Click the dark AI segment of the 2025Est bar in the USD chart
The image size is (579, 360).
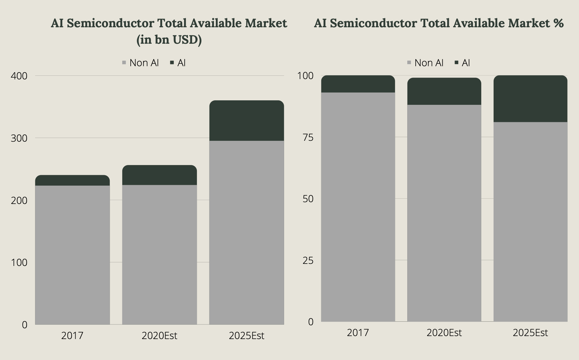246,121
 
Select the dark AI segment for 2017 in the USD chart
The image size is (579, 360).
72,180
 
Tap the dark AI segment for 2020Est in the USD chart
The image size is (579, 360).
159,175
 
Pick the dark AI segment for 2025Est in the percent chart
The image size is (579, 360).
530,99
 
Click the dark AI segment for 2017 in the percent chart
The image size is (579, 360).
358,84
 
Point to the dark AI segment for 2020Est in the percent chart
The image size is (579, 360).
444,91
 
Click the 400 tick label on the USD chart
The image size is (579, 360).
19,76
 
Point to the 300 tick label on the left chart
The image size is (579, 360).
19,138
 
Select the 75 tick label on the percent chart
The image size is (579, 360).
308,137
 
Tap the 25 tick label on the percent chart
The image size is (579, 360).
308,261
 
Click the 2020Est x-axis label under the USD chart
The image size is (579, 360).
159,336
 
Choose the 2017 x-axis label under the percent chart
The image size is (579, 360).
358,333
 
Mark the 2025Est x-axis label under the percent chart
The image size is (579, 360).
530,333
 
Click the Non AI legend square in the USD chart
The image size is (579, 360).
124,63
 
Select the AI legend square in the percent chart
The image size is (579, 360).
456,63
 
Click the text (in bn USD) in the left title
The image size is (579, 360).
169,40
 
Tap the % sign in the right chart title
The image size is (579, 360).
559,23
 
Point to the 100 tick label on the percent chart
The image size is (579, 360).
305,76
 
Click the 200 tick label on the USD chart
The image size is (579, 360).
19,200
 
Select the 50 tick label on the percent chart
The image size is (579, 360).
308,199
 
